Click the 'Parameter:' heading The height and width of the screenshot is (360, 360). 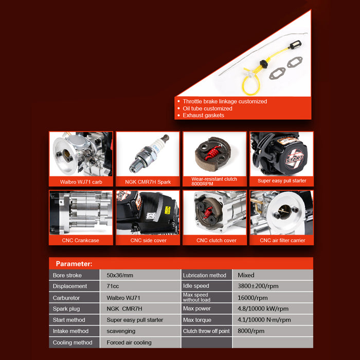click(74, 264)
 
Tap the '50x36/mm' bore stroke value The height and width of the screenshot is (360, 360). click(120, 275)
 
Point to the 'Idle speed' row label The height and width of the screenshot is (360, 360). click(196, 286)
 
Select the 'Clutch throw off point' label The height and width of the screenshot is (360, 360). click(206, 331)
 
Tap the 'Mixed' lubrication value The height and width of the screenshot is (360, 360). click(246, 275)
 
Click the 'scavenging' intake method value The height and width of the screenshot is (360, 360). click(121, 331)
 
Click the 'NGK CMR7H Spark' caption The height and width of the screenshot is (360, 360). click(148, 182)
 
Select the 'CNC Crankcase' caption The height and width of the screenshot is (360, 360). click(80, 240)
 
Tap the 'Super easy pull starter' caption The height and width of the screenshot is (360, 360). click(282, 181)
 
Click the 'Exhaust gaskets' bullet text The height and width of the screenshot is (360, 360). click(203, 115)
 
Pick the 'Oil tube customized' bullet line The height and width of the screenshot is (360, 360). click(207, 109)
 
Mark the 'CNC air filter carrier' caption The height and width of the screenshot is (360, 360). click(282, 240)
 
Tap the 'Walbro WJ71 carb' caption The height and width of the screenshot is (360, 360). click(81, 182)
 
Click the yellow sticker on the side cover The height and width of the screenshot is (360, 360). click(168, 210)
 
